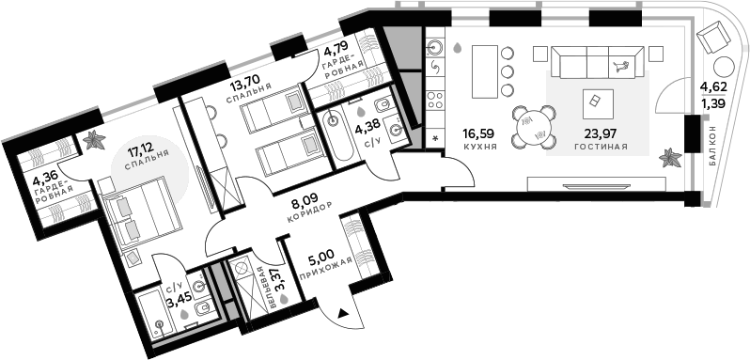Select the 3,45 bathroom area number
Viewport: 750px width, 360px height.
[x=177, y=302]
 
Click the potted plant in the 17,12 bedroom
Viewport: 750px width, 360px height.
[x=94, y=141]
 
